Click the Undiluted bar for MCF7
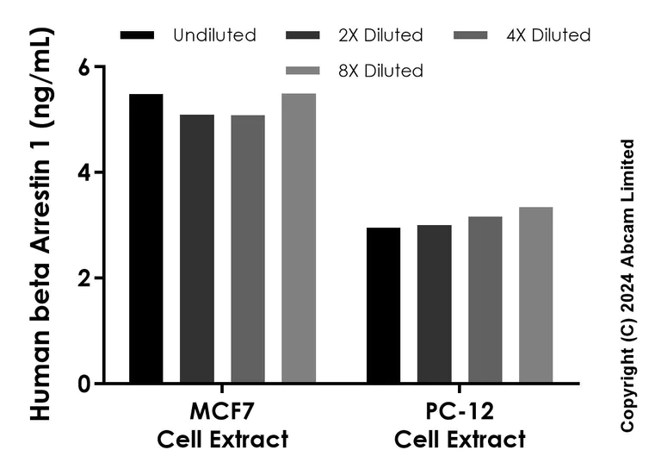point(146,239)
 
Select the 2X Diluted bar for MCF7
point(197,249)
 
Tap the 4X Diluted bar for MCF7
point(248,249)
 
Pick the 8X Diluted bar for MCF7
point(299,239)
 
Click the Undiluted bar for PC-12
point(384,305)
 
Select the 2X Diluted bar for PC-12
point(435,304)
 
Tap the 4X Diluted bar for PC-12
point(485,300)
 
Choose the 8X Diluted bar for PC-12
point(536,295)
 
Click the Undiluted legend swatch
point(138,35)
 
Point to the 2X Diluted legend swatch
point(301,35)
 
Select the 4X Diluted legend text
point(548,35)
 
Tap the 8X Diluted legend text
point(381,71)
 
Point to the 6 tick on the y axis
point(97,67)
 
